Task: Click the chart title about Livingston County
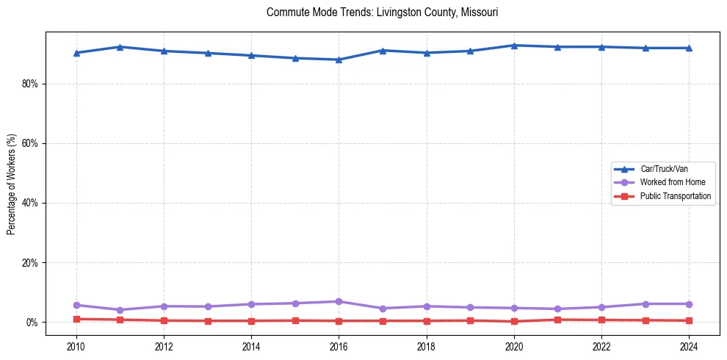[x=383, y=12]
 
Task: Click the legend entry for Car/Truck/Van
[x=663, y=169]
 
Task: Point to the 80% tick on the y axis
[x=30, y=84]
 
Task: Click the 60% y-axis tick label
[x=30, y=143]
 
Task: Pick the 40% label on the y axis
[x=30, y=203]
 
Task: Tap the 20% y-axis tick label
[x=30, y=263]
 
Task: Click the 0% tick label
[x=32, y=323]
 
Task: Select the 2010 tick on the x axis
[x=76, y=345]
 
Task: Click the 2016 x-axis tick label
[x=339, y=345]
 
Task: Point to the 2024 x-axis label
[x=689, y=345]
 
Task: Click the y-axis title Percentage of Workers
[x=12, y=184]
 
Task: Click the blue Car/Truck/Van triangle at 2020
[x=514, y=46]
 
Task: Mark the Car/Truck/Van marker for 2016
[x=339, y=60]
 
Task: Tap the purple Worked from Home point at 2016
[x=339, y=302]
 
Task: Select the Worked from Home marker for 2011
[x=120, y=310]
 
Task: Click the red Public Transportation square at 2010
[x=76, y=319]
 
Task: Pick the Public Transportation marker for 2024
[x=689, y=320]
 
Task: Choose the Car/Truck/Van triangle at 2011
[x=120, y=47]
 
